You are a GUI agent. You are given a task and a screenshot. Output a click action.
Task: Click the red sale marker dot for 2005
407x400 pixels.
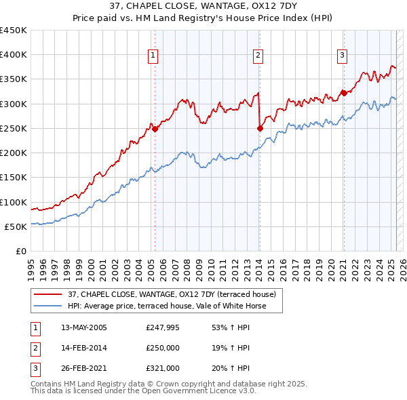click(155, 129)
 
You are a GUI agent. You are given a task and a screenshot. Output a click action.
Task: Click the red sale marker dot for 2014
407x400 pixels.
click(260, 127)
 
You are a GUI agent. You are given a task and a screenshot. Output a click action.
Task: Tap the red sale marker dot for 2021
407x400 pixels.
click(343, 93)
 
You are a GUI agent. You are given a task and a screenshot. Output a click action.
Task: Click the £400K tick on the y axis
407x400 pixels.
click(14, 55)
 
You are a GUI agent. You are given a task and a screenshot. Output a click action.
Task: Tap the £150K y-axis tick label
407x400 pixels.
click(14, 178)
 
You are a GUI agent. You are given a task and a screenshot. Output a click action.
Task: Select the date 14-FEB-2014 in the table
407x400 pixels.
click(83, 348)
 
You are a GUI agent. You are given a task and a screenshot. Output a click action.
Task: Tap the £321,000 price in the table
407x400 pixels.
click(163, 368)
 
